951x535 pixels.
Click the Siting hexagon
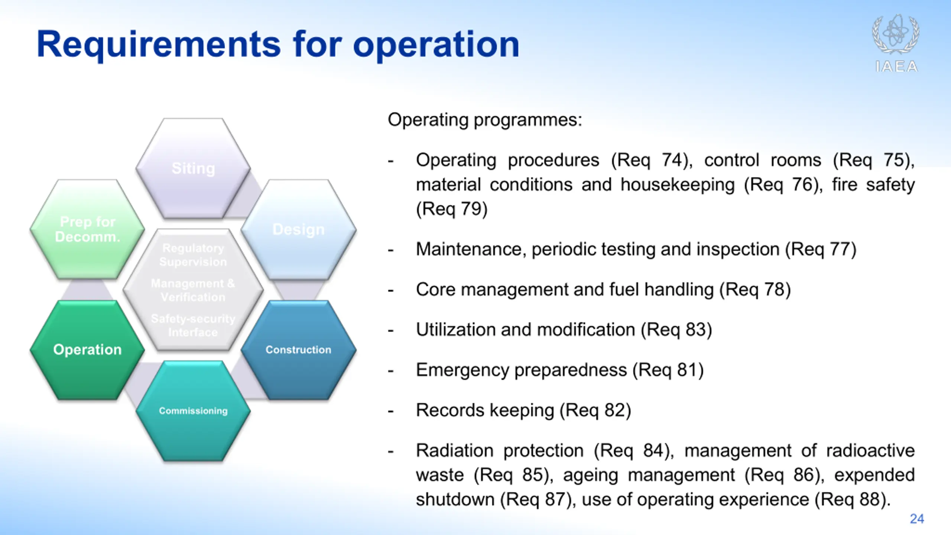(x=193, y=168)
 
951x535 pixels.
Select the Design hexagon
(x=299, y=230)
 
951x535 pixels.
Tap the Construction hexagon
(x=299, y=350)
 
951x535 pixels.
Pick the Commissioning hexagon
(x=193, y=411)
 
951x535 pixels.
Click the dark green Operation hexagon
(x=87, y=350)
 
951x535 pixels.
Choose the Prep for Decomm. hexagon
(x=87, y=230)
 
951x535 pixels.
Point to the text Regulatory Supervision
(x=193, y=255)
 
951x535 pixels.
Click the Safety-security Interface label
(x=193, y=325)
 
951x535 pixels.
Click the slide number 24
(x=917, y=519)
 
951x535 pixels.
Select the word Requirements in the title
(x=159, y=45)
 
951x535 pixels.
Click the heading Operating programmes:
(x=485, y=120)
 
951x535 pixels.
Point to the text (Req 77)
(x=821, y=249)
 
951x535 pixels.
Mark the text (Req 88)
(x=853, y=499)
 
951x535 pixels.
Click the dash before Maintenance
(x=390, y=250)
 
